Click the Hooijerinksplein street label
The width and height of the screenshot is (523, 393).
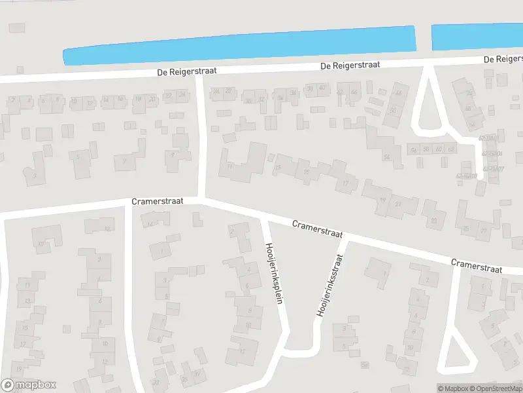(x=277, y=282)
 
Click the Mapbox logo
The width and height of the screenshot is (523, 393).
(x=29, y=385)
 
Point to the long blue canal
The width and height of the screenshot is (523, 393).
(x=239, y=45)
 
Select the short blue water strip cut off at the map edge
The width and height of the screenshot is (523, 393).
(x=477, y=37)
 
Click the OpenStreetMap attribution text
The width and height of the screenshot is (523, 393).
(x=495, y=388)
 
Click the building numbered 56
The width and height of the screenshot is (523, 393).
(x=414, y=150)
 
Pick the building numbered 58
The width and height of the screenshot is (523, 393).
(x=426, y=150)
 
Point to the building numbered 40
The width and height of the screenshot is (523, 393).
(x=321, y=89)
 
